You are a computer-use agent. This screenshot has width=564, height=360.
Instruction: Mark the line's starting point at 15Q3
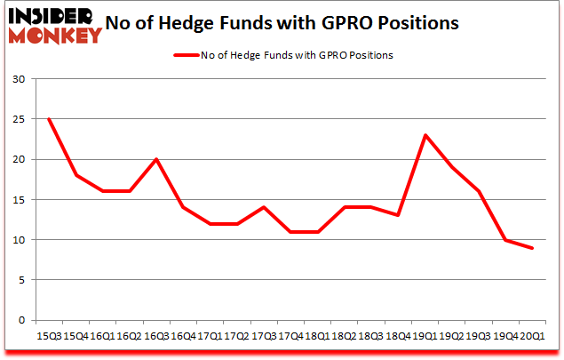pyautogui.click(x=48, y=119)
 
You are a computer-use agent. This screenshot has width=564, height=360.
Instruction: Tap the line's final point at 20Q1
pyautogui.click(x=532, y=248)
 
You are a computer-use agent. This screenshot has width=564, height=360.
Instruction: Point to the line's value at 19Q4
pyautogui.click(x=506, y=240)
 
